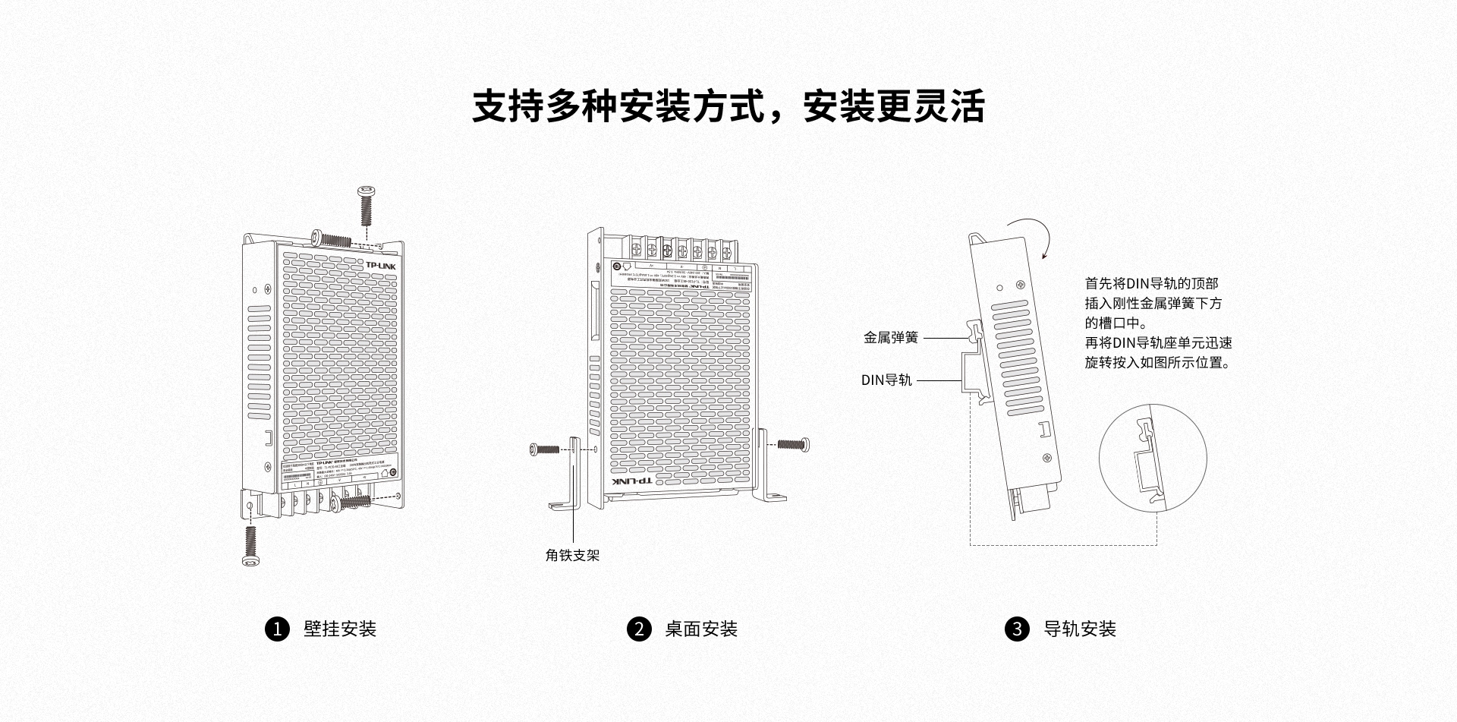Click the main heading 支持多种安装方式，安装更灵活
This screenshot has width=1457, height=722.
click(728, 106)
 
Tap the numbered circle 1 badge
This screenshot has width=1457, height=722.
click(277, 629)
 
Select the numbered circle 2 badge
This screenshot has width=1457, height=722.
click(639, 629)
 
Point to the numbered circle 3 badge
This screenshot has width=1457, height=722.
click(1017, 629)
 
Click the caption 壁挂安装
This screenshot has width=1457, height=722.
click(340, 629)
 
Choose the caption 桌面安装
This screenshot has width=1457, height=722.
click(701, 629)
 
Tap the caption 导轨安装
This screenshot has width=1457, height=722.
click(1080, 629)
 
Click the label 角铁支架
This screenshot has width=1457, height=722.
click(572, 556)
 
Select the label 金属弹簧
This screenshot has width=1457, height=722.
click(891, 337)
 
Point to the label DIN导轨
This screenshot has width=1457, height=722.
click(886, 380)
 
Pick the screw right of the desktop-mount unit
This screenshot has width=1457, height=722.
click(794, 443)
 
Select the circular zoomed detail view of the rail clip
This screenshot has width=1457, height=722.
click(1152, 459)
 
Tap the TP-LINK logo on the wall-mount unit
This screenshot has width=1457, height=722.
click(381, 266)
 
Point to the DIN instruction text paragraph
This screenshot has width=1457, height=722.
click(1157, 323)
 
